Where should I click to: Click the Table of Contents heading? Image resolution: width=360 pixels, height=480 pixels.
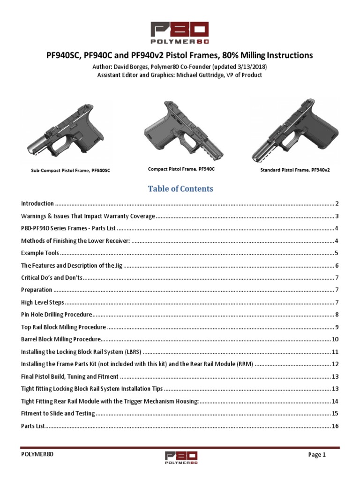180,188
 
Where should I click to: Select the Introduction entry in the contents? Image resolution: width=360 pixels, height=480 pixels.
37,204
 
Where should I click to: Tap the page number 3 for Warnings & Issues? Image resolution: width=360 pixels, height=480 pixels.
337,216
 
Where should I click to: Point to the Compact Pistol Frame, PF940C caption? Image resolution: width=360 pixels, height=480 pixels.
178,168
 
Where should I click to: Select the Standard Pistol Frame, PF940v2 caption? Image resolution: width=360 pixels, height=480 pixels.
295,170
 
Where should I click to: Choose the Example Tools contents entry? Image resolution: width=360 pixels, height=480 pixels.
40,253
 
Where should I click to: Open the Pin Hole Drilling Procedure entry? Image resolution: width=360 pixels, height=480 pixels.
56,315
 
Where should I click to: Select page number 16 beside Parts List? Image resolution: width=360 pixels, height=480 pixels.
335,426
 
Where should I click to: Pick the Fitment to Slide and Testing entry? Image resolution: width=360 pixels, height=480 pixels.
58,413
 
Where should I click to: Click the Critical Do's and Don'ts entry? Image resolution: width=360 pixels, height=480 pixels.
52,277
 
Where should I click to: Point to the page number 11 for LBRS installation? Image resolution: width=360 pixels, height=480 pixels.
335,352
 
